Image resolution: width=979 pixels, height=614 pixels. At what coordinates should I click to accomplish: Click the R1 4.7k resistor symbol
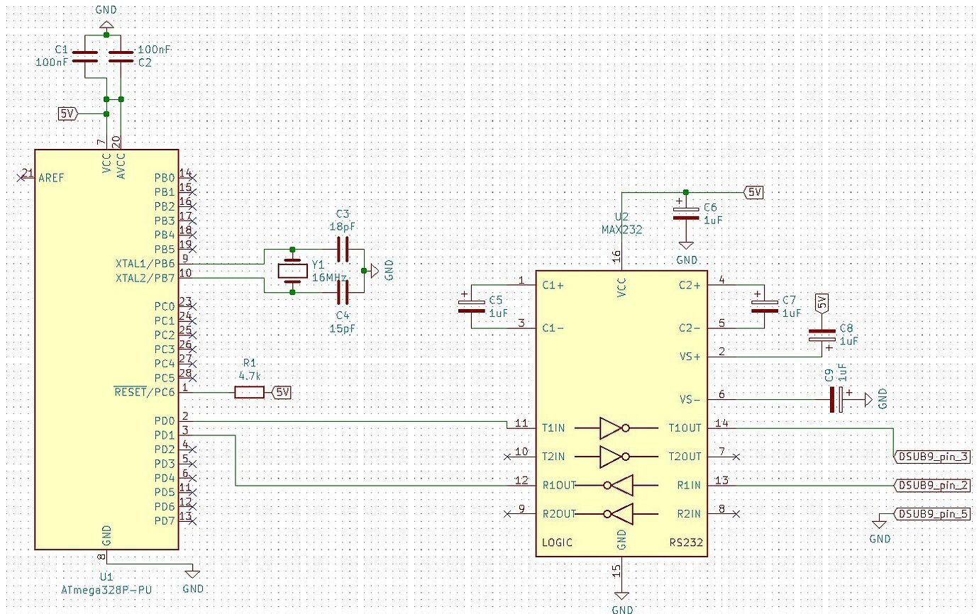tap(249, 393)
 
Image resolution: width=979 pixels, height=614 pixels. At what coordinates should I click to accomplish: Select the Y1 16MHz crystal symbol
tap(292, 270)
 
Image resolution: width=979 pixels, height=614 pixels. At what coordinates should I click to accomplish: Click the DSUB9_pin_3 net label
tap(934, 457)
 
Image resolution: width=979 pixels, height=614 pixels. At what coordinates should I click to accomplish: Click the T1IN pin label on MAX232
tap(554, 428)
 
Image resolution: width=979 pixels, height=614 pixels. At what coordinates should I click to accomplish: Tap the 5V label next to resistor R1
tap(282, 393)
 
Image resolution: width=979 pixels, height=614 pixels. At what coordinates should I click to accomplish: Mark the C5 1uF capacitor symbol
tap(471, 306)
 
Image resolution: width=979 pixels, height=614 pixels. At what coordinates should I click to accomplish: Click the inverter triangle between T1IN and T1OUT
tap(610, 428)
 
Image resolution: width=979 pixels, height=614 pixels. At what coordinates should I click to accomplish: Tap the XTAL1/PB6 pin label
tap(145, 264)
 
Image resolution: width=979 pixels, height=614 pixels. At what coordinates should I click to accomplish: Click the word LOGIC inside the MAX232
tap(557, 542)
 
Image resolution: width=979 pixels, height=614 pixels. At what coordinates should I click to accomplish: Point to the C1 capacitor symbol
tap(87, 55)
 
